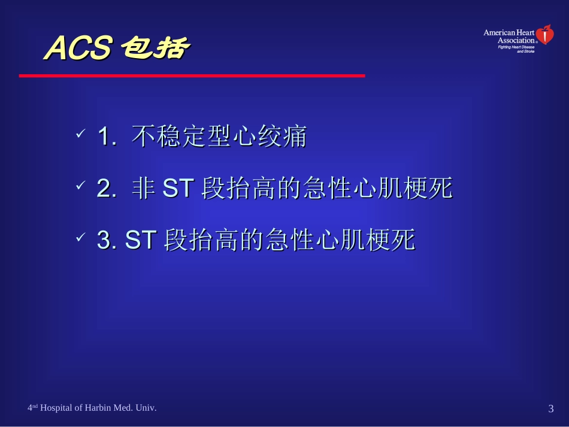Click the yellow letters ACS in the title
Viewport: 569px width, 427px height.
(x=78, y=49)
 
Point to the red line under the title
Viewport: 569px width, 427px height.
(x=192, y=76)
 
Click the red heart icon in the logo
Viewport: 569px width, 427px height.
(x=545, y=35)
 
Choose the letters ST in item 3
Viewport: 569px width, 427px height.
(x=141, y=241)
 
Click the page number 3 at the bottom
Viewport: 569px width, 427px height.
(x=550, y=409)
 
